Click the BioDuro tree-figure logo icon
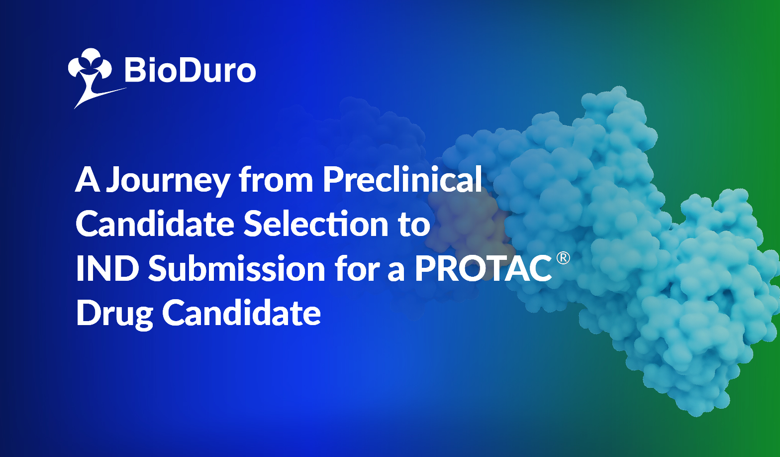click(x=91, y=77)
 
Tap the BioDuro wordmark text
click(x=190, y=70)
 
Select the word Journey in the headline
click(x=168, y=181)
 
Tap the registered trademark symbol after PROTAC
click(x=563, y=258)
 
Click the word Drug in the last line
click(x=114, y=314)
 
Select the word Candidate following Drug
click(x=241, y=312)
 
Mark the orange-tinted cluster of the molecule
click(x=467, y=223)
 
